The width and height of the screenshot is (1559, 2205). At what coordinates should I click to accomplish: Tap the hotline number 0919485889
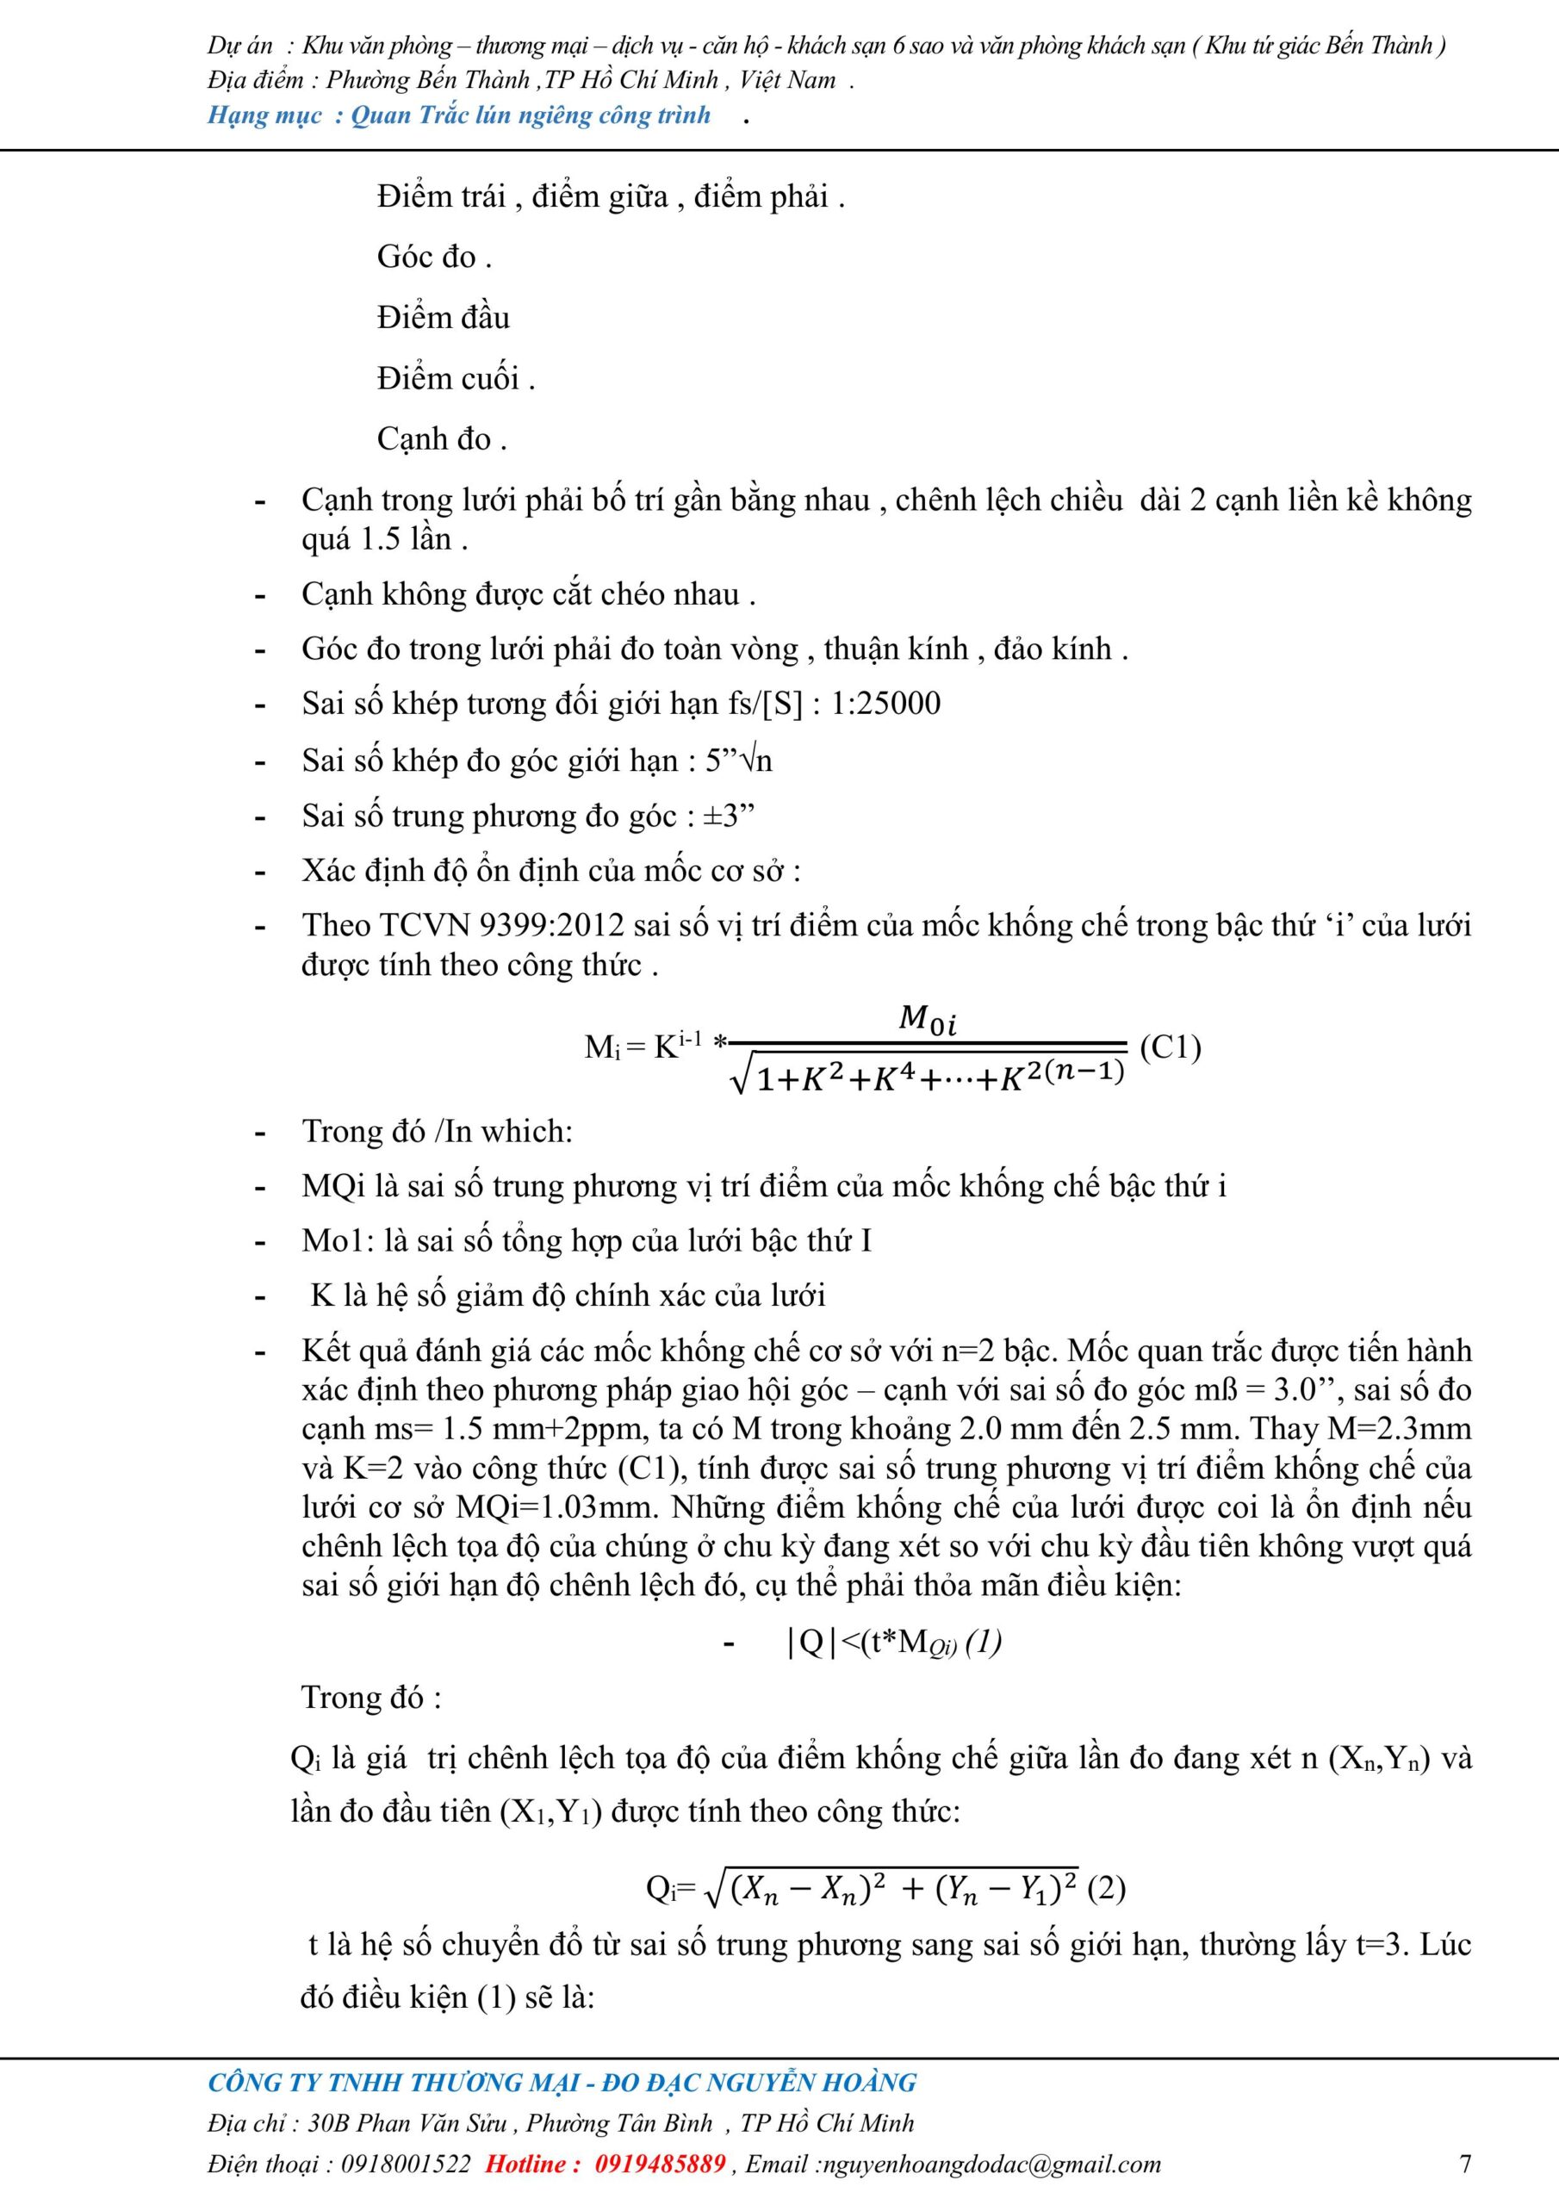pos(660,2164)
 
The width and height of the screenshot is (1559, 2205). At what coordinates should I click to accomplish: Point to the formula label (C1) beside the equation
pos(1170,1046)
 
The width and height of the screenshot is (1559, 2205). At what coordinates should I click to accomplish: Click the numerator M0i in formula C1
pos(927,1018)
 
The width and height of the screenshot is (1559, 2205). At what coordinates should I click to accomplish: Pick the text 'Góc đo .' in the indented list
pos(434,257)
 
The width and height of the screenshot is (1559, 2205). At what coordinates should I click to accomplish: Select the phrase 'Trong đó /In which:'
pos(437,1130)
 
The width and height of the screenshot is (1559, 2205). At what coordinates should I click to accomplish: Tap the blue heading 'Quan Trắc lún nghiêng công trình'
pos(531,115)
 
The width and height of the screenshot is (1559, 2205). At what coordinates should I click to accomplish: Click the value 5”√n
pos(739,761)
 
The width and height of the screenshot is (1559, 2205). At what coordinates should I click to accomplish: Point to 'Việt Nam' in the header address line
pos(787,80)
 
